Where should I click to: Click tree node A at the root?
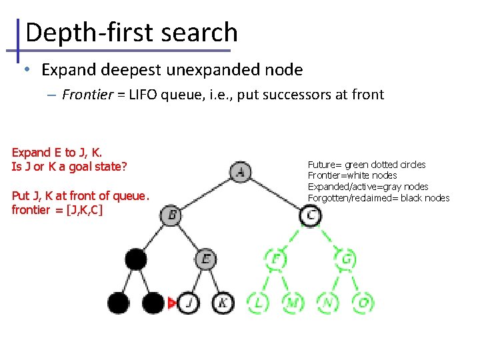point(241,173)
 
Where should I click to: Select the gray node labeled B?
point(171,215)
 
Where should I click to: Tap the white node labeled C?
point(310,215)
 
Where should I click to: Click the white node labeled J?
point(189,303)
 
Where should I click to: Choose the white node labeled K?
point(223,303)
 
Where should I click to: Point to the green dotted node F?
point(275,258)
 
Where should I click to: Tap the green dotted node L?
point(258,303)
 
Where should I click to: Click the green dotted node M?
point(293,303)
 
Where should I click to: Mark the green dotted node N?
point(327,303)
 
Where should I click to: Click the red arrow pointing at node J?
point(172,303)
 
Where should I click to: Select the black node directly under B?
point(137,259)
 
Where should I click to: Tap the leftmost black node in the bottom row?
point(119,303)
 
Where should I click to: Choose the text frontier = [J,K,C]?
point(57,210)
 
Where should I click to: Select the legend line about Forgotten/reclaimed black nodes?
point(378,198)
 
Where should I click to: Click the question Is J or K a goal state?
point(69,167)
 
